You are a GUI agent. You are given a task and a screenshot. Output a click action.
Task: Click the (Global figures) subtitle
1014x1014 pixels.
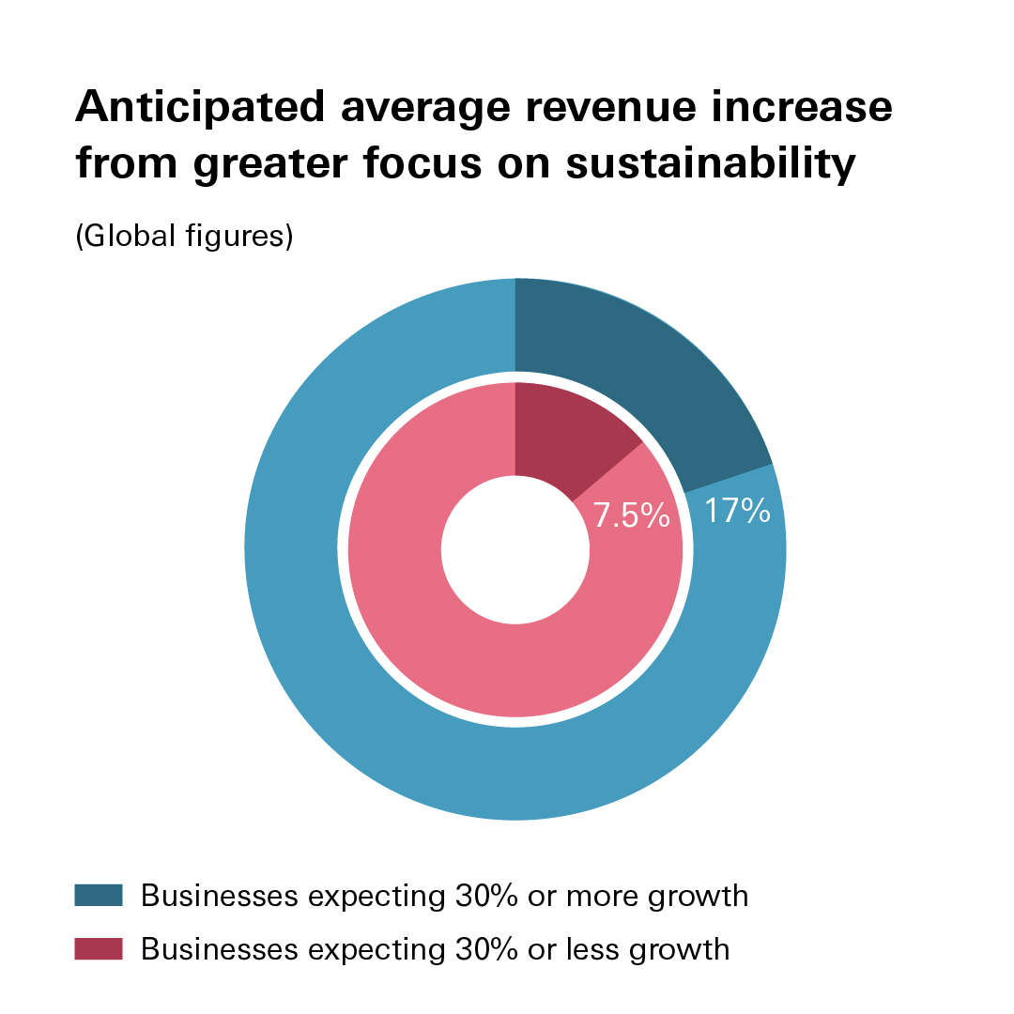[x=184, y=236]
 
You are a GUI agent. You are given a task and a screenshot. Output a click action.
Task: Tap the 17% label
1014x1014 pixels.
[x=737, y=512]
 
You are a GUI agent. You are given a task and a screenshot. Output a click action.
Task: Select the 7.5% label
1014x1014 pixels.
[x=631, y=515]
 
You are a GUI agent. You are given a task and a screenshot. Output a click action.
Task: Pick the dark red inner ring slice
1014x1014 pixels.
[x=568, y=432]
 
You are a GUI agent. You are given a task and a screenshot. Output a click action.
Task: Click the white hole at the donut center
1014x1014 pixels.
[x=515, y=549]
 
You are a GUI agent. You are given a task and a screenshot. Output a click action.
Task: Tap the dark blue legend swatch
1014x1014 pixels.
[x=99, y=896]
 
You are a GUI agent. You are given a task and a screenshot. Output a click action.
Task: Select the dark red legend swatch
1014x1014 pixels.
[x=99, y=949]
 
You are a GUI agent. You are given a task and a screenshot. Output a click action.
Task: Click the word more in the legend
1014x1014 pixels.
[x=605, y=896]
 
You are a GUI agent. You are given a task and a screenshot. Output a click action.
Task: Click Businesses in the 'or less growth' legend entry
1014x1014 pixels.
[x=220, y=949]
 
